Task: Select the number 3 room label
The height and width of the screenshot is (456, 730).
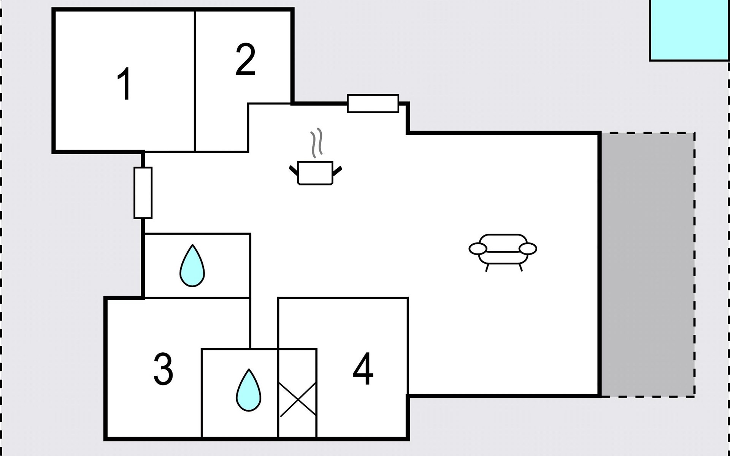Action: click(163, 369)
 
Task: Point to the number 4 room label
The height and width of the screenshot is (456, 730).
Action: click(363, 369)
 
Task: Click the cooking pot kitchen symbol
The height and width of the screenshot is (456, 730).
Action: click(315, 173)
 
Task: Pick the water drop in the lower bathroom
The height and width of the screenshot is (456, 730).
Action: click(249, 390)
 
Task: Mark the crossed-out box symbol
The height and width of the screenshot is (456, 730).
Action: click(298, 399)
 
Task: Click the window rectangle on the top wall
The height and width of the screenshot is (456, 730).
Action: click(373, 103)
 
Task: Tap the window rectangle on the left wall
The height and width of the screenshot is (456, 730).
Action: click(143, 193)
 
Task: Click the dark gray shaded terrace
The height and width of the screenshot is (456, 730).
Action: click(648, 264)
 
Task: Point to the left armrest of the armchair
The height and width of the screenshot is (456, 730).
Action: click(478, 249)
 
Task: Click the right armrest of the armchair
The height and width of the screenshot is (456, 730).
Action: click(528, 249)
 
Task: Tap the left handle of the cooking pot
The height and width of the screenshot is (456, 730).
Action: click(294, 171)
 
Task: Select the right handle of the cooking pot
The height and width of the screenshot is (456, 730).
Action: click(337, 171)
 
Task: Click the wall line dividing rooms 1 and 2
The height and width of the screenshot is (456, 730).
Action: click(195, 81)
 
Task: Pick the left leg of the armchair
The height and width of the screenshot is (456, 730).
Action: click(487, 268)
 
